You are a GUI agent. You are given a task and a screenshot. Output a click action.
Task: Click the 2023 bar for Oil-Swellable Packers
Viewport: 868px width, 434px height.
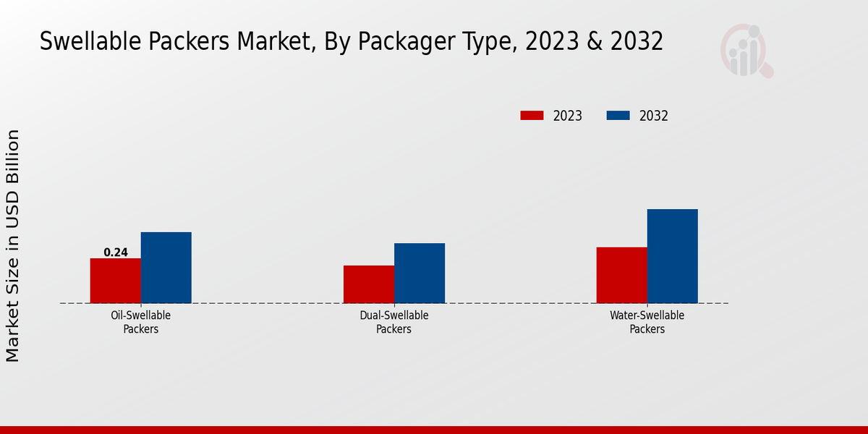115,281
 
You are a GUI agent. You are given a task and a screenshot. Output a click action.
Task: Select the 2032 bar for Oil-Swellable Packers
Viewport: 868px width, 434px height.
166,268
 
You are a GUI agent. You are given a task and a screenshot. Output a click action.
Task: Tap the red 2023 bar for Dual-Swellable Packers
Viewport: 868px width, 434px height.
368,284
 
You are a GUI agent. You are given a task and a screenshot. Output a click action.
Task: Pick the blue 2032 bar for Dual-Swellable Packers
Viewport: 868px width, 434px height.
420,273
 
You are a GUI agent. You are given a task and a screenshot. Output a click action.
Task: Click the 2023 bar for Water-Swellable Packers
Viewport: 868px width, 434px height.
621,275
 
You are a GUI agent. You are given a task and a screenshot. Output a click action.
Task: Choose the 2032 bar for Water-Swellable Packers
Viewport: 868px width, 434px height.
673,256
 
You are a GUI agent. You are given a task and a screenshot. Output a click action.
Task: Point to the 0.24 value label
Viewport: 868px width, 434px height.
116,252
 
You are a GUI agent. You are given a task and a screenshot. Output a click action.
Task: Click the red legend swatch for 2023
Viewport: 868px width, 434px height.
532,116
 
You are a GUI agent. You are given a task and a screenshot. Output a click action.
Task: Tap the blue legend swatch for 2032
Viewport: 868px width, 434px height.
618,116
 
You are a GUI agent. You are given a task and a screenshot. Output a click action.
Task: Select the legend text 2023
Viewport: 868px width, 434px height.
568,116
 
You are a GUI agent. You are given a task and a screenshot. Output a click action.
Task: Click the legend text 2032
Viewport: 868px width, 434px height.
654,116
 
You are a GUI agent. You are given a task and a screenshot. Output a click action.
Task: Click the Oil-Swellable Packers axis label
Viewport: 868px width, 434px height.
141,322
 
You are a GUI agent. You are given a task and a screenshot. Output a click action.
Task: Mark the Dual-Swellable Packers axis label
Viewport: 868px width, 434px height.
394,322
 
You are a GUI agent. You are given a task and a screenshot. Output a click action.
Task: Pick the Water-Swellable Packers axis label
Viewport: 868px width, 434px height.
647,322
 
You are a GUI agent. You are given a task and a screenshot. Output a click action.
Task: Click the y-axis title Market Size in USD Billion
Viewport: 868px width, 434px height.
13,246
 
